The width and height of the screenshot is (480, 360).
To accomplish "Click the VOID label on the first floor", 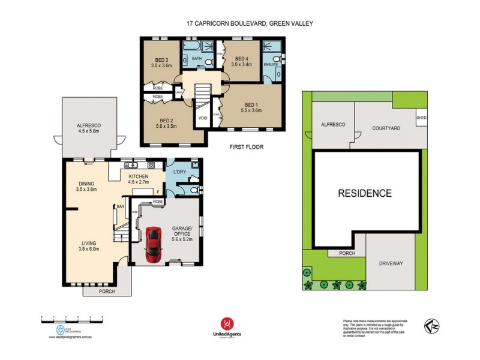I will [x=203, y=118].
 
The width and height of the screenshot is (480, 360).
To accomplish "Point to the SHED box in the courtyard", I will [x=421, y=118].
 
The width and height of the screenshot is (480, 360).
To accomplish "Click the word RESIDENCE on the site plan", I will [x=365, y=193].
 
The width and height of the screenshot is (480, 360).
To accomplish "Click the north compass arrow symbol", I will [x=431, y=326].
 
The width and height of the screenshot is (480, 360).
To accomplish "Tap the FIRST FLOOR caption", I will [x=247, y=146].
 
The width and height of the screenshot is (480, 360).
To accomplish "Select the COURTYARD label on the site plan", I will [x=386, y=128].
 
